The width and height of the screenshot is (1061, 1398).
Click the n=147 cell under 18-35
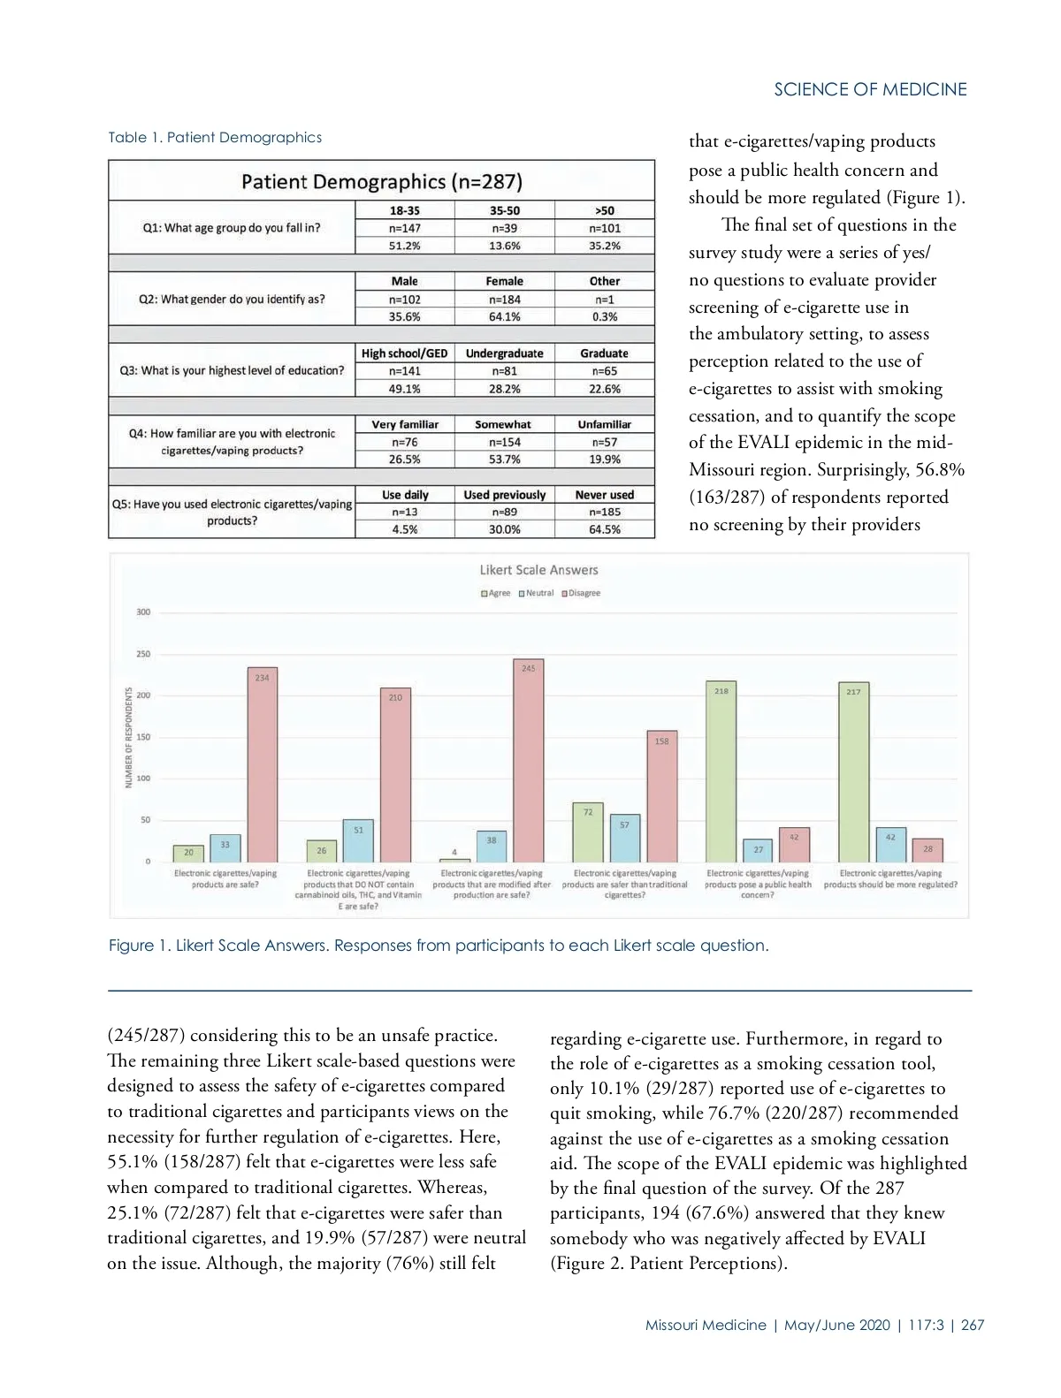405,228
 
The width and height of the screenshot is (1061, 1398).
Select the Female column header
504,281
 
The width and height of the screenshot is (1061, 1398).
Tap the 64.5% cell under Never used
605,529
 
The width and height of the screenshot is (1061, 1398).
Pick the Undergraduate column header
504,353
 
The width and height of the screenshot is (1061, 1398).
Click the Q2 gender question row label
232,299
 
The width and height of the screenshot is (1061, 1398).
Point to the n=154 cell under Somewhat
504,442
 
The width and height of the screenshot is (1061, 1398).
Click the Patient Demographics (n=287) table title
381,182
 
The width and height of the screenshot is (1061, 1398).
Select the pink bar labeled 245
529,760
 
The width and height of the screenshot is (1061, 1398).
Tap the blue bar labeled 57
624,839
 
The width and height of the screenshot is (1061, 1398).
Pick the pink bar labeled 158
661,796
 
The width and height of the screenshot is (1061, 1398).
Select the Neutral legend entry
536,593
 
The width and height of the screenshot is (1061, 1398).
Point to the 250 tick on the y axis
143,654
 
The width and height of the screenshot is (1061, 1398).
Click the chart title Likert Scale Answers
538,571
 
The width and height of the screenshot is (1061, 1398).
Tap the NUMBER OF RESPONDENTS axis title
129,737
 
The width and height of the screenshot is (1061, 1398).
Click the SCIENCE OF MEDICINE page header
870,89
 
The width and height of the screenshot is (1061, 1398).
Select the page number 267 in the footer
973,1325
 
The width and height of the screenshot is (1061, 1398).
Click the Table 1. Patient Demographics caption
215,137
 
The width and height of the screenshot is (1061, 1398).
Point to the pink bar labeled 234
263,764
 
